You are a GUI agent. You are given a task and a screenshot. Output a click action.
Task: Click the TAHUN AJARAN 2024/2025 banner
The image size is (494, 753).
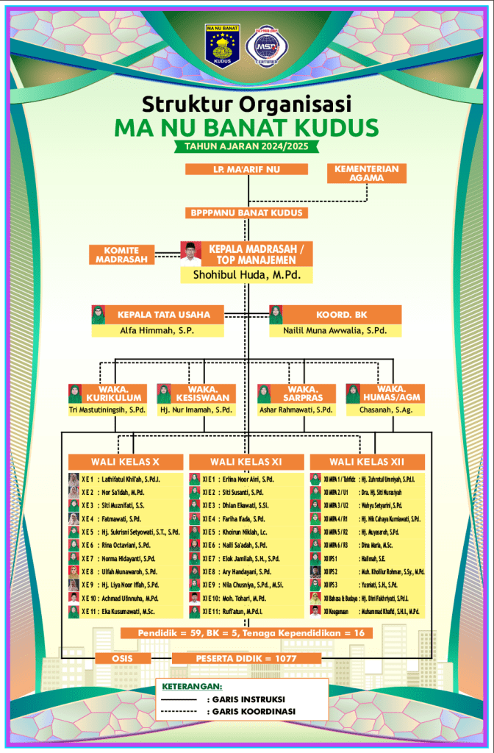pyautogui.click(x=246, y=146)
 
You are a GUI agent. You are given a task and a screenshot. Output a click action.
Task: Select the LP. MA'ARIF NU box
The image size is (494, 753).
pyautogui.click(x=246, y=170)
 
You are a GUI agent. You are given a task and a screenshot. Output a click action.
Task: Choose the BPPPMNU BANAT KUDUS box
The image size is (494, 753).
pyautogui.click(x=246, y=213)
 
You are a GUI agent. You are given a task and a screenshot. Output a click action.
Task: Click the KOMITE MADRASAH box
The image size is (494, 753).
pyautogui.click(x=121, y=254)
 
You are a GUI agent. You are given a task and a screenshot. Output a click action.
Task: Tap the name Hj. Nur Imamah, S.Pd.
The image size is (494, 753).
pyautogui.click(x=196, y=410)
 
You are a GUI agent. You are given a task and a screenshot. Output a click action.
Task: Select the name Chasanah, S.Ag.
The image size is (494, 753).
pyautogui.click(x=384, y=410)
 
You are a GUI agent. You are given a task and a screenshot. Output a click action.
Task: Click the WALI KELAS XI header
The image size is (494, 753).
pyautogui.click(x=246, y=461)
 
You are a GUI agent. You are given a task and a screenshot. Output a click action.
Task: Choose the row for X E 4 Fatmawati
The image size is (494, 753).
pyautogui.click(x=124, y=518)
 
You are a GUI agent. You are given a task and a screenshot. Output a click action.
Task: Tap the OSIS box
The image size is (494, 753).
pyautogui.click(x=122, y=658)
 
